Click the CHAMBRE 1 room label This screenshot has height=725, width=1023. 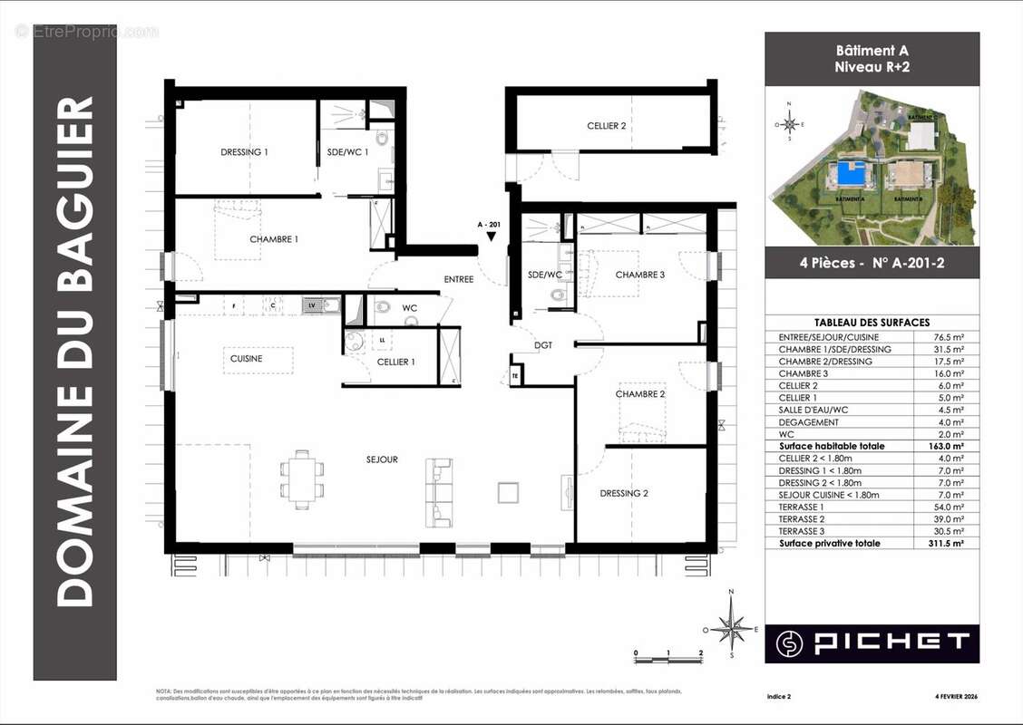[274, 239]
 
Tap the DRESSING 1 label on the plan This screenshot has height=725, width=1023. [244, 152]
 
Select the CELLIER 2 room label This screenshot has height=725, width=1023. [606, 126]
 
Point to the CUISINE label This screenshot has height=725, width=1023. [246, 359]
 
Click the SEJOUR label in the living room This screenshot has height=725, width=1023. [382, 459]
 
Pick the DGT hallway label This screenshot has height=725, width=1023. [543, 344]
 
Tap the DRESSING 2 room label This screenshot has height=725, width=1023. [624, 494]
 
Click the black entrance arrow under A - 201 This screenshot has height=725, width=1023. [491, 237]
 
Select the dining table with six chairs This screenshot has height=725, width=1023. [301, 478]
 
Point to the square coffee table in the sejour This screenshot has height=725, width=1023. [508, 492]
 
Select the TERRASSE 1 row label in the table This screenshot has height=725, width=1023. [804, 507]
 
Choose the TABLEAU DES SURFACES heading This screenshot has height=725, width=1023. [872, 323]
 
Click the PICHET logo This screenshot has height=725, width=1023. [872, 643]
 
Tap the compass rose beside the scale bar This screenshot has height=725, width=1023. [731, 625]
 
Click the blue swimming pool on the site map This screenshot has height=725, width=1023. [850, 172]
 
